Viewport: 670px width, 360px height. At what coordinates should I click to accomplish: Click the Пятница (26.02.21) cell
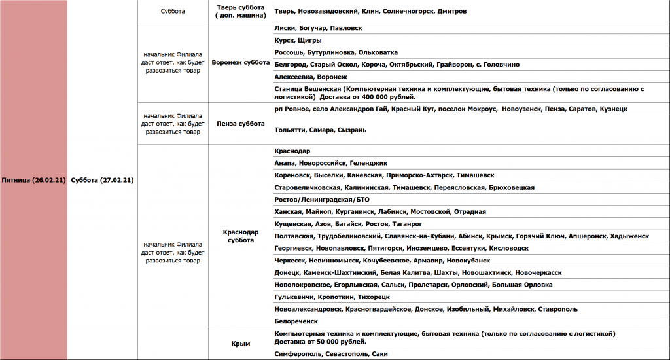coord(33,180)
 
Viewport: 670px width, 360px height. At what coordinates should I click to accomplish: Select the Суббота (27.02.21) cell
coord(102,180)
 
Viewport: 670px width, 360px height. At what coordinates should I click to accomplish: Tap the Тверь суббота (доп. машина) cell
coord(240,11)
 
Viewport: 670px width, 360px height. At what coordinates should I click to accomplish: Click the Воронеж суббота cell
coord(240,63)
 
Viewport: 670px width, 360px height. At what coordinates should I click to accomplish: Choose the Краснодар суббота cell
coord(240,236)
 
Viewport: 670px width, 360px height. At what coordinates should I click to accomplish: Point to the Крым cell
coord(240,343)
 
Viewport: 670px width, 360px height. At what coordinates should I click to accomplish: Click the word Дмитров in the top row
coord(452,12)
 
